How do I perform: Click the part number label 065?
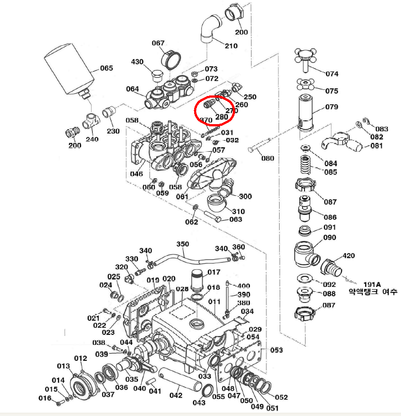(x=106, y=68)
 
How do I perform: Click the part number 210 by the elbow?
(x=231, y=46)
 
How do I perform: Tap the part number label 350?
(x=182, y=244)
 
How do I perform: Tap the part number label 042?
(x=175, y=395)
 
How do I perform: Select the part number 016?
(x=44, y=398)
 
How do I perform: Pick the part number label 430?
(x=137, y=62)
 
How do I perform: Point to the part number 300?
(x=245, y=196)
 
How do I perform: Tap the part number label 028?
(x=182, y=289)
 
